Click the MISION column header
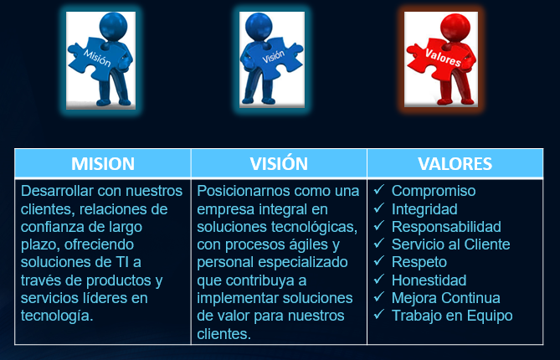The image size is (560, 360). (x=103, y=163)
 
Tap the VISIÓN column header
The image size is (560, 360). (x=279, y=163)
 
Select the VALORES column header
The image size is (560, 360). (x=455, y=163)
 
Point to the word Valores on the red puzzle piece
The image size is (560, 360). (x=443, y=58)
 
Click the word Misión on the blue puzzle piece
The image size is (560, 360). (x=97, y=58)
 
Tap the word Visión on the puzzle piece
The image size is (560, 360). (x=274, y=56)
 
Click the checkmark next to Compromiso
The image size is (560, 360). (x=379, y=189)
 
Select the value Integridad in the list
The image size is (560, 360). (x=424, y=209)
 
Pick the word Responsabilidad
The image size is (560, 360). (x=446, y=227)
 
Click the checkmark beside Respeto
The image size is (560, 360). (x=379, y=260)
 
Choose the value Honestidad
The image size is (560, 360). (x=429, y=280)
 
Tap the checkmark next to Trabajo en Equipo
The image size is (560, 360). (x=379, y=314)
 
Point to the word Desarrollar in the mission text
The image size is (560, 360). (x=57, y=191)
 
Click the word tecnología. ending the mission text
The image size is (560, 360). (x=57, y=316)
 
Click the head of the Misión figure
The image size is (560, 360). (x=113, y=26)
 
